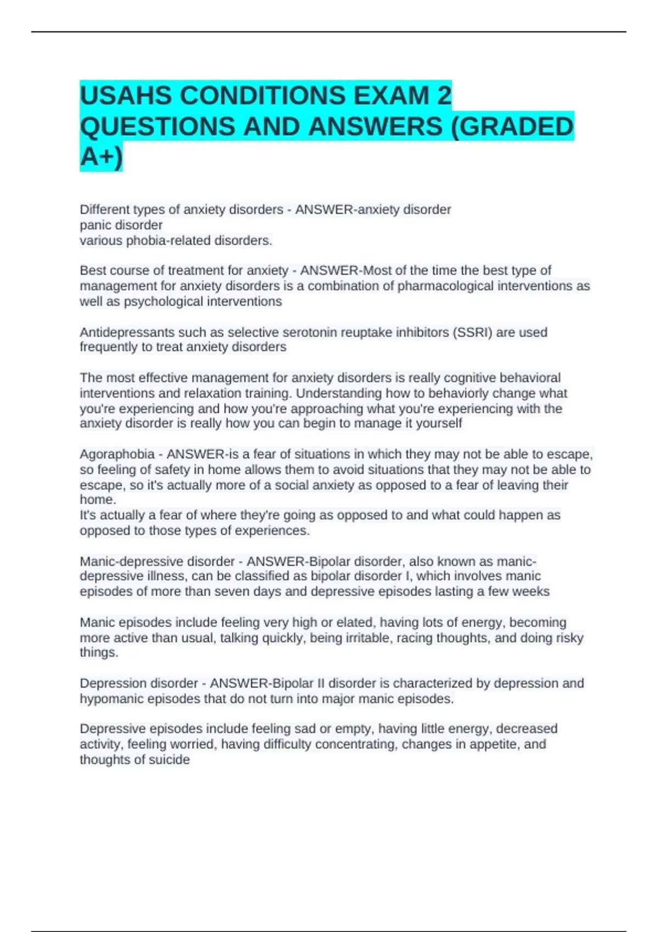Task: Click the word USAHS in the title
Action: coord(126,96)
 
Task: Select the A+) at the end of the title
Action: coord(101,157)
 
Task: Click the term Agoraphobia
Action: coord(117,454)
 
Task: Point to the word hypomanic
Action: coord(110,699)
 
